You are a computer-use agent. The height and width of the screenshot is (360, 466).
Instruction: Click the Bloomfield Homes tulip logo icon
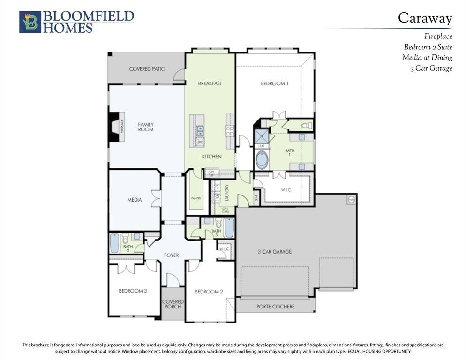(30, 22)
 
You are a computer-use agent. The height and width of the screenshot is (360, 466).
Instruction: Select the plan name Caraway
(425, 18)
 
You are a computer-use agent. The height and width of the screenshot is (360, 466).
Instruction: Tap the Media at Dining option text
(427, 58)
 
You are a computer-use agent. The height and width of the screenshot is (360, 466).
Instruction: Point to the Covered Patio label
(147, 69)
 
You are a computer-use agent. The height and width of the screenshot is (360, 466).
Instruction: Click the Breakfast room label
(210, 83)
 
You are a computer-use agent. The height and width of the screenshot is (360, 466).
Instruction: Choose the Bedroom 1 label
(275, 83)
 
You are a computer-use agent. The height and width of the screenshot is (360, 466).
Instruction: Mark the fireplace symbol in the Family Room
(117, 127)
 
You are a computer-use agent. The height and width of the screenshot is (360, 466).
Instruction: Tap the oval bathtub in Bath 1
(262, 160)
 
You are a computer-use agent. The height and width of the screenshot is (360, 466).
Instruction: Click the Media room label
(135, 200)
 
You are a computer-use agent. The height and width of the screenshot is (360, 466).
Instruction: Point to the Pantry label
(196, 198)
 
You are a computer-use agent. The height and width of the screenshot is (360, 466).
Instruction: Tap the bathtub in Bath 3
(229, 228)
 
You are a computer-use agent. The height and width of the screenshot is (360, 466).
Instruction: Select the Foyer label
(171, 255)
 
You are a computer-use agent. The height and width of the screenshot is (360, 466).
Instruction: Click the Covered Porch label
(173, 304)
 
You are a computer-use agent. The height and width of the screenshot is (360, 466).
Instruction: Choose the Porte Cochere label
(276, 307)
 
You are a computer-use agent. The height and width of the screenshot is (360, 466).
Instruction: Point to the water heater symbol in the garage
(351, 199)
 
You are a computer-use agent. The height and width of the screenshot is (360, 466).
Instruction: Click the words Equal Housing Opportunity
(379, 351)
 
